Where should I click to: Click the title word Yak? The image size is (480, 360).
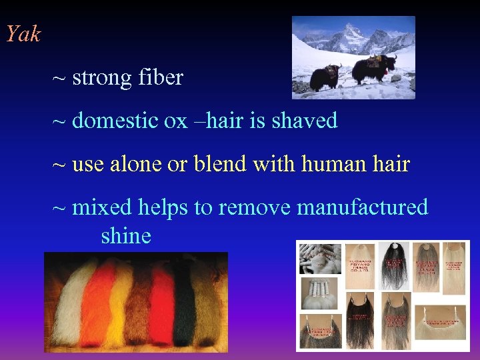point(23,34)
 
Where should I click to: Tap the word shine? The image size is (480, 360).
point(126,235)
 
